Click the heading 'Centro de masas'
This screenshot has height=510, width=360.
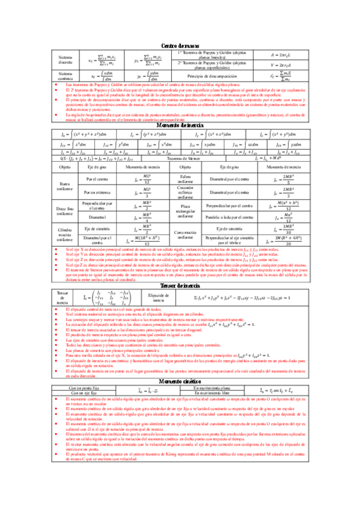pyautogui.click(x=180, y=46)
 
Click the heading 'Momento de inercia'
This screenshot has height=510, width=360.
pyautogui.click(x=180, y=124)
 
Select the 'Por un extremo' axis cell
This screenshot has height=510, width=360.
pyautogui.click(x=99, y=191)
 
